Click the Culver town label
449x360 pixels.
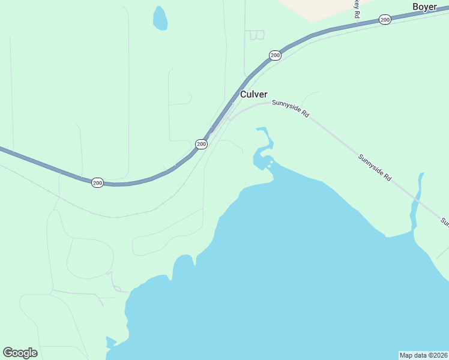(x=253, y=94)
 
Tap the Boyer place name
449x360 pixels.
(x=424, y=7)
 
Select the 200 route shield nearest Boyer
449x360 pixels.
(x=385, y=20)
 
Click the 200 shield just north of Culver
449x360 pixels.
(x=275, y=55)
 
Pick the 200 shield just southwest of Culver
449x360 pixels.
(x=201, y=144)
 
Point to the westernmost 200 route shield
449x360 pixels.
(x=97, y=182)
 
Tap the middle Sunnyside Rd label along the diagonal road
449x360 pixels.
(x=375, y=168)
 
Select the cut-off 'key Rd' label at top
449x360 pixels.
(x=356, y=8)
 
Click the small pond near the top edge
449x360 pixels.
(x=160, y=19)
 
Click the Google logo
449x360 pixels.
(x=20, y=353)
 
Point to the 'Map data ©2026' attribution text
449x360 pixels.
(x=423, y=355)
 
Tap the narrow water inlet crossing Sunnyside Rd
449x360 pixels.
(x=415, y=201)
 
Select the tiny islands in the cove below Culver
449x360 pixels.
(x=270, y=164)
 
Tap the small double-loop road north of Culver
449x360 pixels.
(x=256, y=35)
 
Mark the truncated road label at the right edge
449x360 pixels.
(x=445, y=222)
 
